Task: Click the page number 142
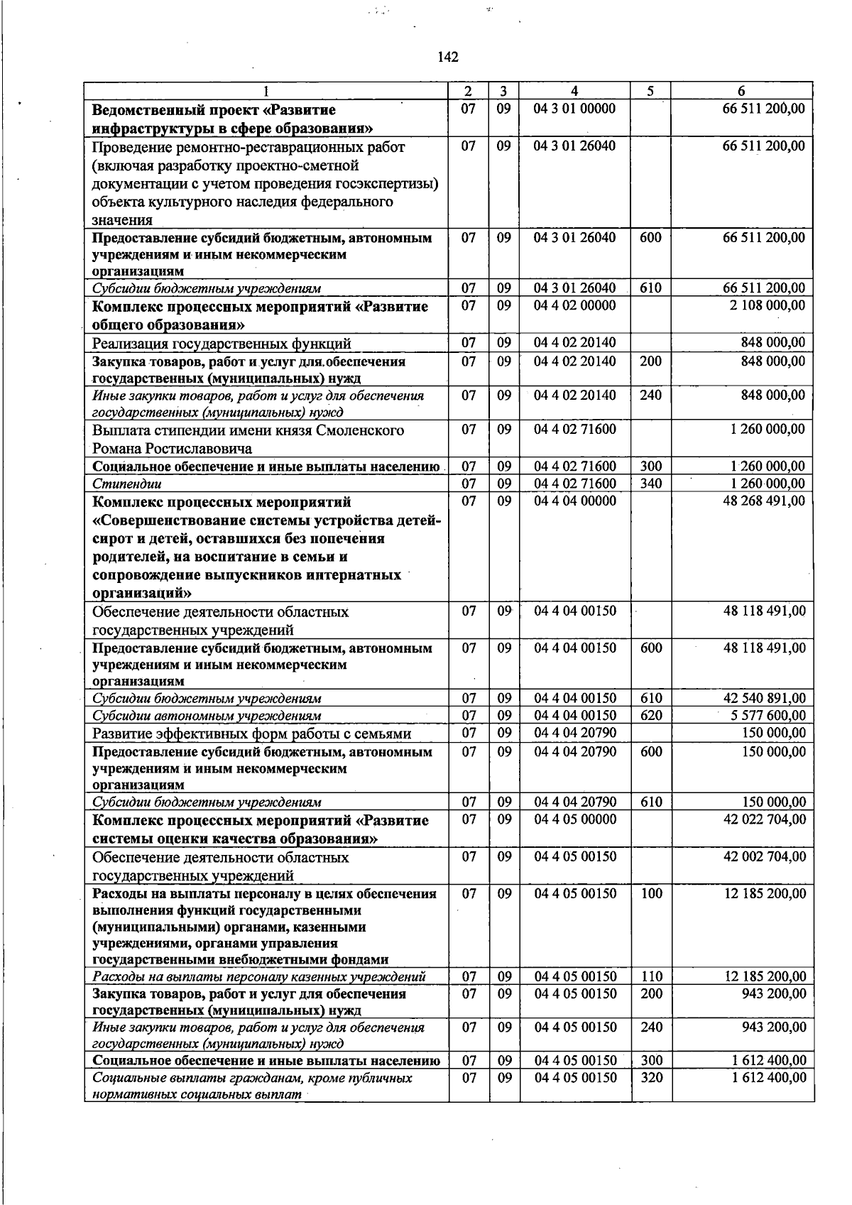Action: coord(448,57)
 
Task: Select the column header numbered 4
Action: coord(574,91)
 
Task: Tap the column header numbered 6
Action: coord(741,91)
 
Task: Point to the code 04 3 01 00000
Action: coord(574,109)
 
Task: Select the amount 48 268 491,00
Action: coord(765,501)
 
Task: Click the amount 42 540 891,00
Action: coord(765,699)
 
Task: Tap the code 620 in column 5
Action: coord(650,716)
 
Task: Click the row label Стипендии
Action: coord(127,484)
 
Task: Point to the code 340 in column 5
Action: coord(650,484)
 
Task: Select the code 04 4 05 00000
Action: coord(575,819)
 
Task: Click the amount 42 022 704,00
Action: coord(765,819)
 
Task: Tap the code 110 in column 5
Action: coord(651,977)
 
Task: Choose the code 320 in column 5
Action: coord(651,1078)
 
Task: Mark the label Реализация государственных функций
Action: coord(222,344)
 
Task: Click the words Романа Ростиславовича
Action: coord(172,449)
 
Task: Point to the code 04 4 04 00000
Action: coord(575,501)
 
